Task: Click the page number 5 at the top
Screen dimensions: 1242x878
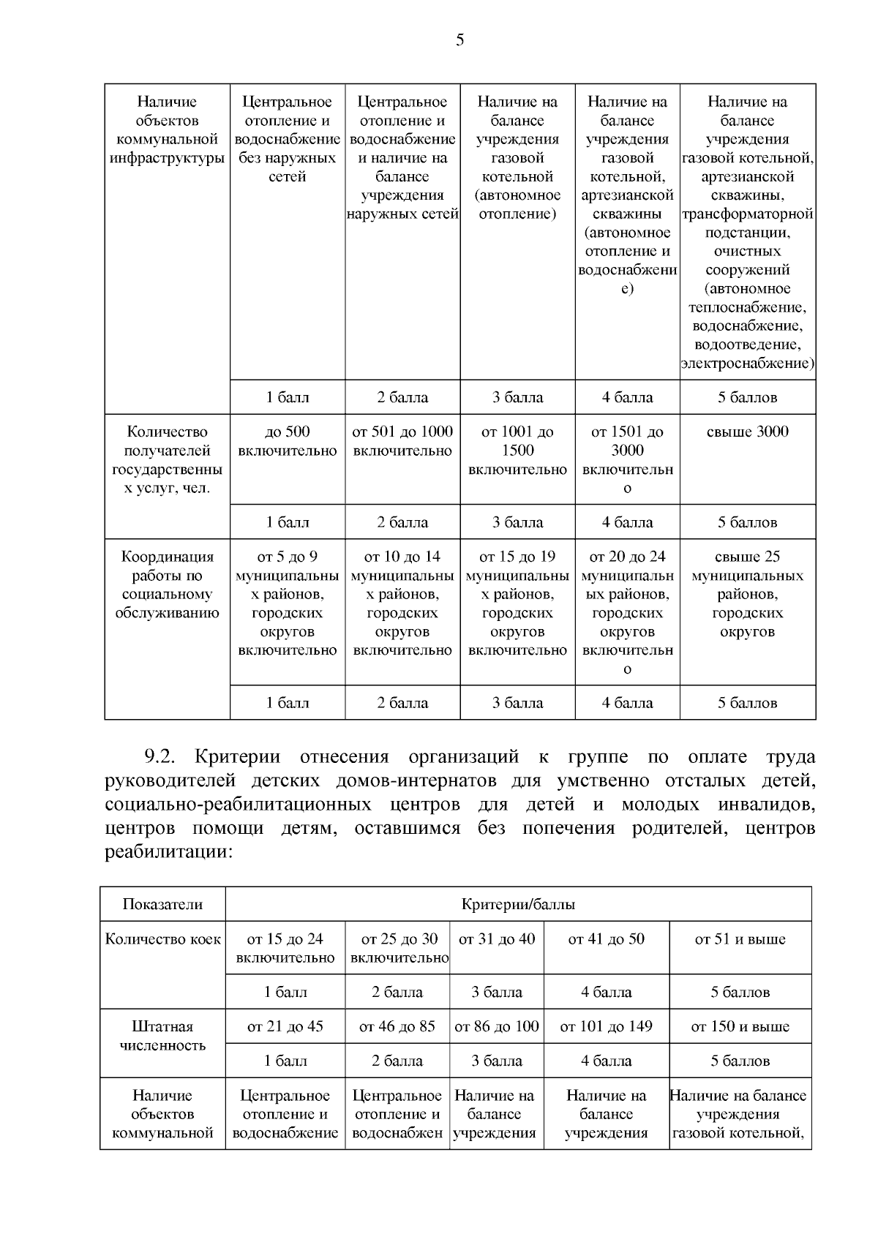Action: [459, 40]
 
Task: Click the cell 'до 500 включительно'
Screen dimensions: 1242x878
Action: [288, 441]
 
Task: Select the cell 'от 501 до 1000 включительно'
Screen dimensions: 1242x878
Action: [402, 441]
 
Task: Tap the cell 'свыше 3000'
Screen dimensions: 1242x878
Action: [747, 432]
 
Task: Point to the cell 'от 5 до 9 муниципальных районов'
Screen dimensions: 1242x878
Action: [288, 603]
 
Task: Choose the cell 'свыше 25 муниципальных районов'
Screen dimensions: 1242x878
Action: [747, 594]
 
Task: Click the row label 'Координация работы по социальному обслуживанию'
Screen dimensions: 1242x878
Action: [167, 584]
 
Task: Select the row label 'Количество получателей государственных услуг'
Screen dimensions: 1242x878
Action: [167, 459]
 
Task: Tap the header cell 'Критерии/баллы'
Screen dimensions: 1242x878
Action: [518, 904]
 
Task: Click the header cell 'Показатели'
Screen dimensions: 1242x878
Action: [162, 904]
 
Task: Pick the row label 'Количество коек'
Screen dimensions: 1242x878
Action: [162, 939]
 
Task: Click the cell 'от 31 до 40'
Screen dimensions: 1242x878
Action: [497, 939]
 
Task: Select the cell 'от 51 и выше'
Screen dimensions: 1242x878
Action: [740, 939]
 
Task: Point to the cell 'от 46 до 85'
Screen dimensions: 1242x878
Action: [397, 1026]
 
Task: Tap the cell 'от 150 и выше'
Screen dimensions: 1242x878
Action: [740, 1026]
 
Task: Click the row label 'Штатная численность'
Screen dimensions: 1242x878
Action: [162, 1036]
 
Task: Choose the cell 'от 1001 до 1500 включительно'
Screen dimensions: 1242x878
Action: [517, 451]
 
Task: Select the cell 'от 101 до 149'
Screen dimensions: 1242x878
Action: [606, 1026]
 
